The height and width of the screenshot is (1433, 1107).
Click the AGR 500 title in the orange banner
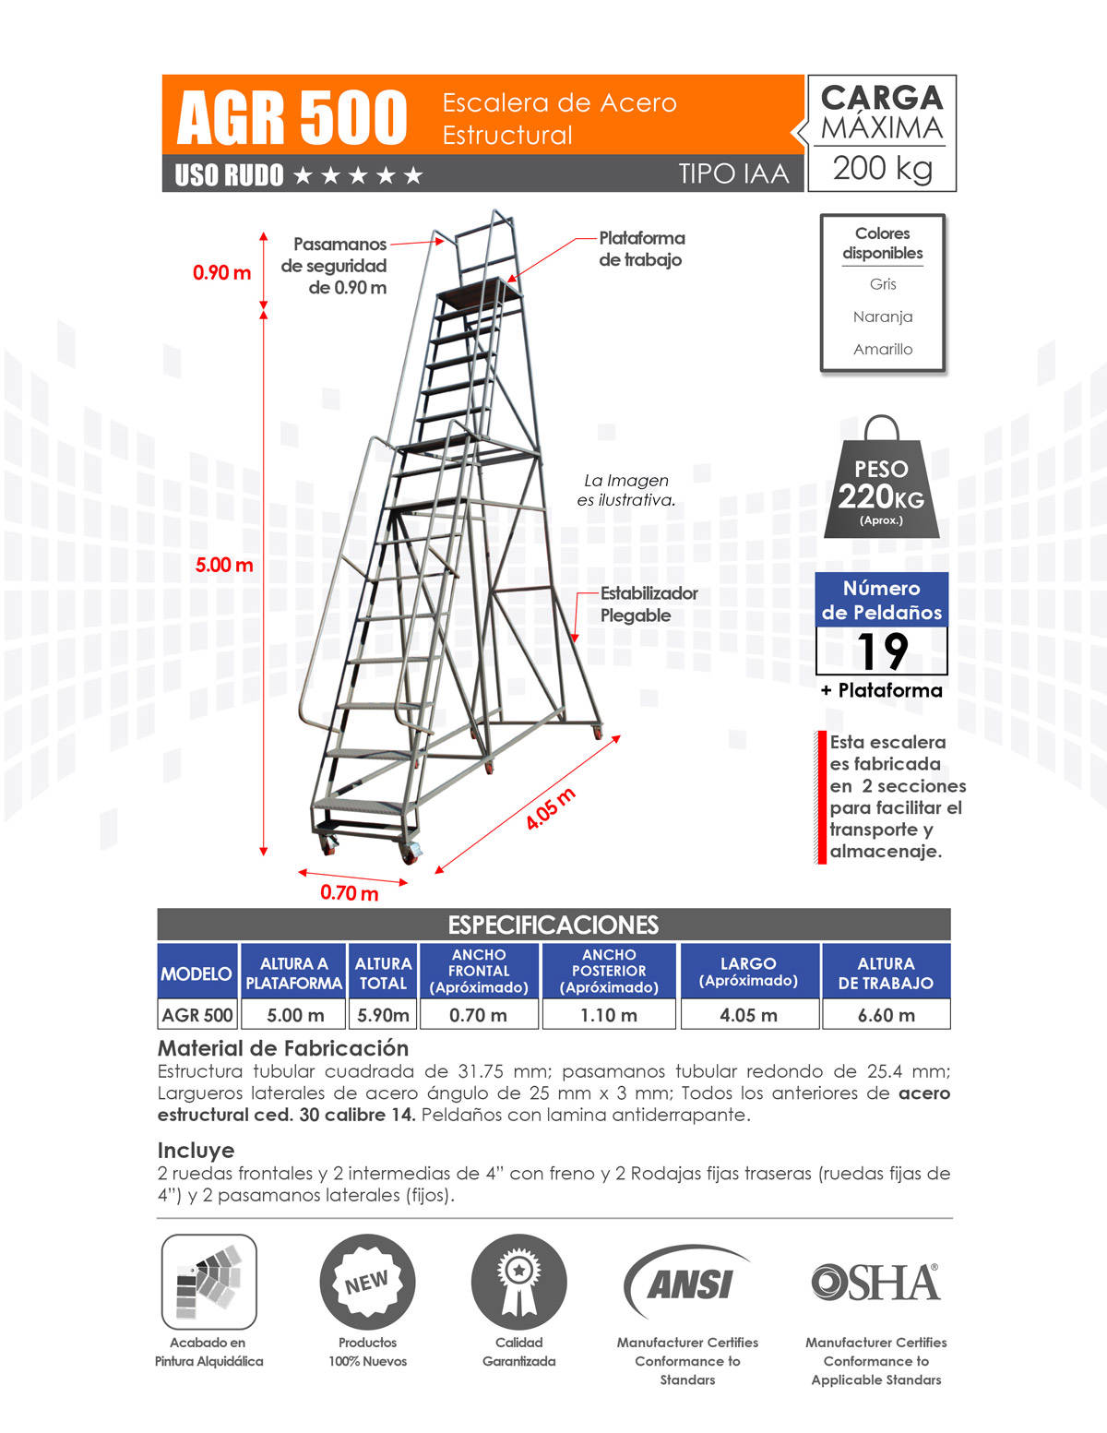[292, 117]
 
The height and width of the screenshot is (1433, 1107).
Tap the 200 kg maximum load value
[882, 168]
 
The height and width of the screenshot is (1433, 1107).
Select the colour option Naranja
[883, 316]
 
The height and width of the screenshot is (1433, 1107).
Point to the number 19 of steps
[882, 651]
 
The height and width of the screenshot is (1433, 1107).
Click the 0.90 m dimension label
[221, 272]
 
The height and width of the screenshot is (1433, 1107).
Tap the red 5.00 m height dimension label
[223, 565]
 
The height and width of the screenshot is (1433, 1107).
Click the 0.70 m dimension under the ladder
[349, 892]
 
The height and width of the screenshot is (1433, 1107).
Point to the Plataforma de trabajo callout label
[641, 248]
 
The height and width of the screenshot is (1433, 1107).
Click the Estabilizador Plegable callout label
[649, 604]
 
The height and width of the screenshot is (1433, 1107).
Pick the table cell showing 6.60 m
[886, 1015]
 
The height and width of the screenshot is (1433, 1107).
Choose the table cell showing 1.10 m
[609, 1015]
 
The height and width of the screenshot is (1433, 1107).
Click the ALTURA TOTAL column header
[383, 973]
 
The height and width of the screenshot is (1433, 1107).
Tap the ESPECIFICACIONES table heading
[553, 925]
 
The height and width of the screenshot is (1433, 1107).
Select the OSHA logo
[875, 1282]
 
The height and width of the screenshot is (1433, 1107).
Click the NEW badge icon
[367, 1282]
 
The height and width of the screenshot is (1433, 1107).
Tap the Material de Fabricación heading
[283, 1048]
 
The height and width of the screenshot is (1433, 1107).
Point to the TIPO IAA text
[733, 173]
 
